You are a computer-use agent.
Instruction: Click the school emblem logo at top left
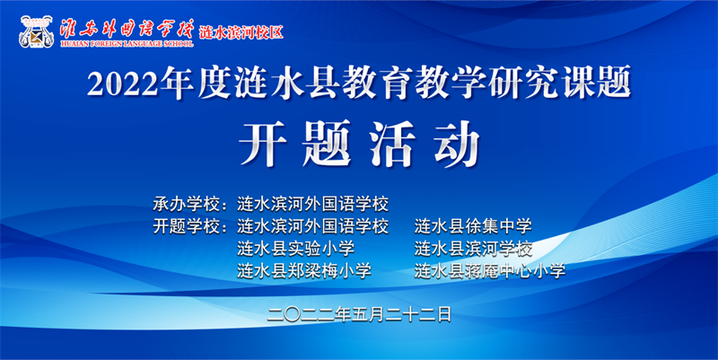click(36, 32)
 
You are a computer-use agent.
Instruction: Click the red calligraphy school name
click(127, 29)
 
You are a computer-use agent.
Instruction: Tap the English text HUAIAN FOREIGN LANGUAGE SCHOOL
click(127, 44)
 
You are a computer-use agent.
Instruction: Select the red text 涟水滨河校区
click(241, 32)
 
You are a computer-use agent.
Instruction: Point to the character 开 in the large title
click(263, 144)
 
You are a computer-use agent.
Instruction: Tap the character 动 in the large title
click(457, 144)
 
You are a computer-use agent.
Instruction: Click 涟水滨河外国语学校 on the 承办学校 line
click(312, 204)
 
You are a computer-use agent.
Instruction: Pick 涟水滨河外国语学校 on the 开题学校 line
click(312, 226)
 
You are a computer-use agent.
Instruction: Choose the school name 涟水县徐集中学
click(473, 226)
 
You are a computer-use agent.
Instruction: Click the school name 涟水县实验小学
click(296, 249)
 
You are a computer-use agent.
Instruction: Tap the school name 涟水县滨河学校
click(474, 249)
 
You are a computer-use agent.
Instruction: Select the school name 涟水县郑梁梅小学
click(304, 271)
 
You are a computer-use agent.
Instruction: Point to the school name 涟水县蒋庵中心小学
click(490, 271)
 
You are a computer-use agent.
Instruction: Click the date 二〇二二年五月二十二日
click(360, 314)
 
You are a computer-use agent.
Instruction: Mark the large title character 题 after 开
click(327, 144)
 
